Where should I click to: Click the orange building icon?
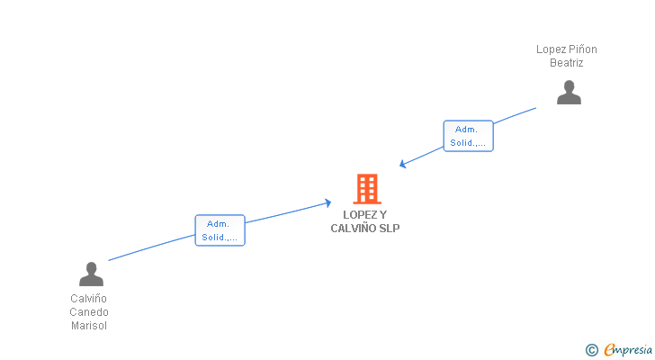(367, 189)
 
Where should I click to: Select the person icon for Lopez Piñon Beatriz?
(569, 93)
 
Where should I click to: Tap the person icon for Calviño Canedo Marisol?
(91, 274)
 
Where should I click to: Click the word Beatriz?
(567, 63)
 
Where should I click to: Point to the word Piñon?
(583, 49)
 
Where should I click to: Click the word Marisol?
(89, 326)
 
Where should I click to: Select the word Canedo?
(89, 312)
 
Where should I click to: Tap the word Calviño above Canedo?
(88, 299)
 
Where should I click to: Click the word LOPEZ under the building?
(360, 215)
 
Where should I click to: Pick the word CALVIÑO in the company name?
(347, 228)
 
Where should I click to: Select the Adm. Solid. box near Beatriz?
(468, 136)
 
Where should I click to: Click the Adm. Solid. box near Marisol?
(220, 230)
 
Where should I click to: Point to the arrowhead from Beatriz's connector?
(402, 164)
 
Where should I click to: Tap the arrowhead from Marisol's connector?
(327, 203)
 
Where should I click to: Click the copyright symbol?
(591, 350)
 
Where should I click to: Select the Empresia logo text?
(628, 350)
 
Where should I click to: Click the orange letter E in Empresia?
(609, 350)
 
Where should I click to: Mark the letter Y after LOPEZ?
(383, 215)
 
